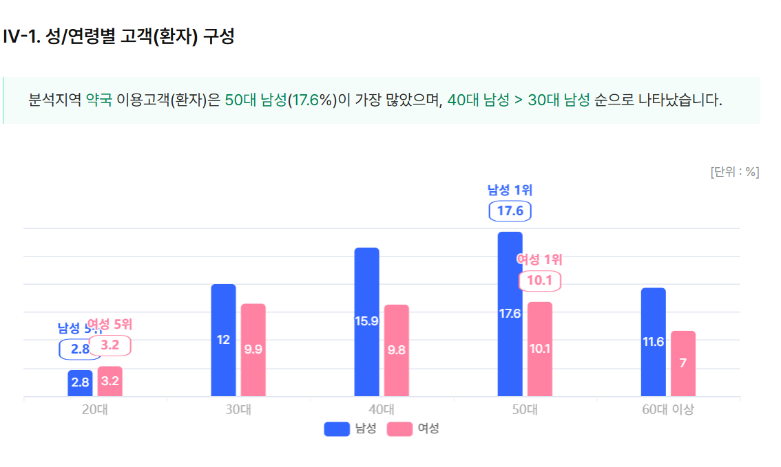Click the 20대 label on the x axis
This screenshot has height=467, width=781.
(94, 410)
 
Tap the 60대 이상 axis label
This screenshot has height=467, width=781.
(668, 410)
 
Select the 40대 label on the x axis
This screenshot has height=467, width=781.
(381, 410)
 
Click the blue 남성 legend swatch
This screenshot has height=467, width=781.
(337, 428)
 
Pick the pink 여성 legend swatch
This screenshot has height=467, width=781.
(399, 428)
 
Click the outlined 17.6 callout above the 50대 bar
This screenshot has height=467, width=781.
(510, 211)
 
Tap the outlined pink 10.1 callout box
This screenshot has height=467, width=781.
(539, 281)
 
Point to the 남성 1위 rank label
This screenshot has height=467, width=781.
(510, 190)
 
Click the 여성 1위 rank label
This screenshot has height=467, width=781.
(539, 259)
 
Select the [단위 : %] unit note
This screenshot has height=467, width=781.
(734, 172)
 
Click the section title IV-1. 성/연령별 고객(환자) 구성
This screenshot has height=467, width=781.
(118, 36)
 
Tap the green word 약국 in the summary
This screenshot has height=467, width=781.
(98, 100)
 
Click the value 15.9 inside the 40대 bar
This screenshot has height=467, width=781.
(366, 321)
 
